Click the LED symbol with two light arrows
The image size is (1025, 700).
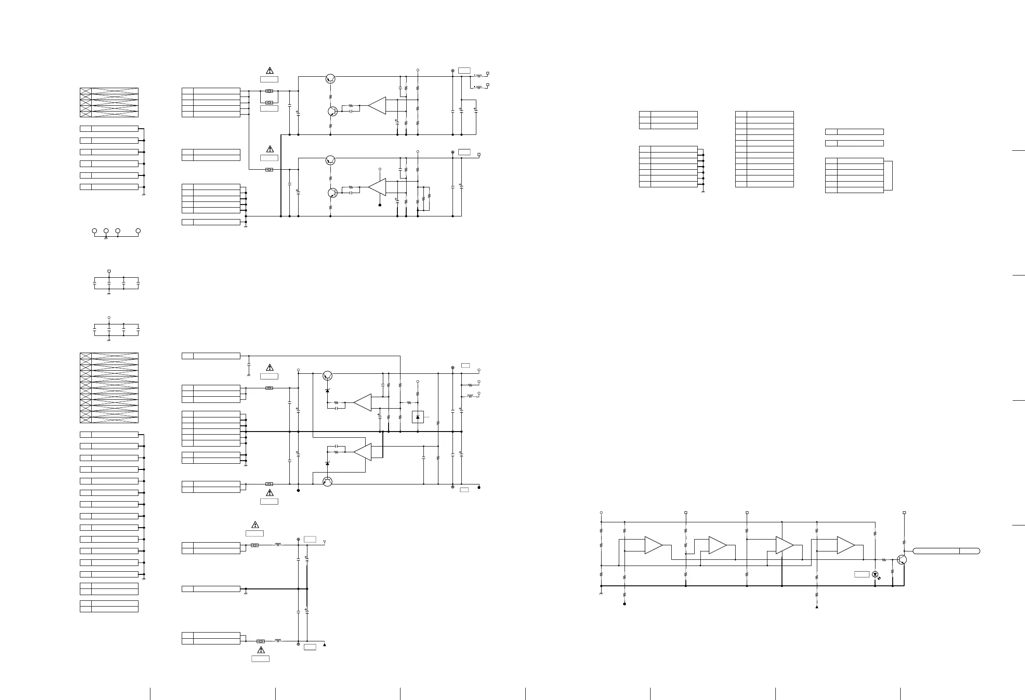tap(875, 574)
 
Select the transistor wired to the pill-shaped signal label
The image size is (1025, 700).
tap(902, 560)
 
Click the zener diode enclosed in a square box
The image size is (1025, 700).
tap(418, 417)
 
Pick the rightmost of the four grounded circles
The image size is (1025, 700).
tap(138, 231)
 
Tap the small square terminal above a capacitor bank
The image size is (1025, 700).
tap(109, 271)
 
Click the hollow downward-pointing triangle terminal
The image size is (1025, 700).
tap(325, 541)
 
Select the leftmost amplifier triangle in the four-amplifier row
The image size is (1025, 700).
tap(653, 545)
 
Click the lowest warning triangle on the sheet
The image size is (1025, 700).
tap(261, 650)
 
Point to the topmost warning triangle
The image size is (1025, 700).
tap(269, 71)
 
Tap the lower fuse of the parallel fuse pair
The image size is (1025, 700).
tap(269, 102)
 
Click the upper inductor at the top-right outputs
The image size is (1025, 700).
tap(479, 76)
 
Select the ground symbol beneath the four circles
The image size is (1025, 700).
tap(106, 238)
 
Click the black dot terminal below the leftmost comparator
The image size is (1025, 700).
tap(625, 604)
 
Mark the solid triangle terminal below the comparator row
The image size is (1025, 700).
tap(817, 607)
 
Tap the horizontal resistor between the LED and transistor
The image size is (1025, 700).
tap(884, 560)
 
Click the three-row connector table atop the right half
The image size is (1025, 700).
tap(668, 120)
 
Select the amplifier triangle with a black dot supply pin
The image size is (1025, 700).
tap(377, 187)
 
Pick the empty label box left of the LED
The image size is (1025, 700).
tap(862, 574)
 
